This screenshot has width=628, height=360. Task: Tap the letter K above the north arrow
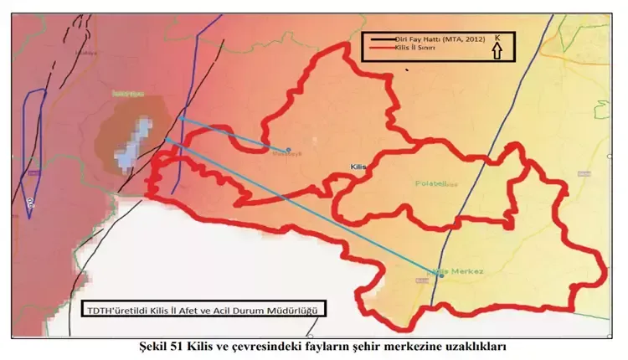pos(497,38)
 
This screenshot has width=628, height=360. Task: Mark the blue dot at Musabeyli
pos(288,150)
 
